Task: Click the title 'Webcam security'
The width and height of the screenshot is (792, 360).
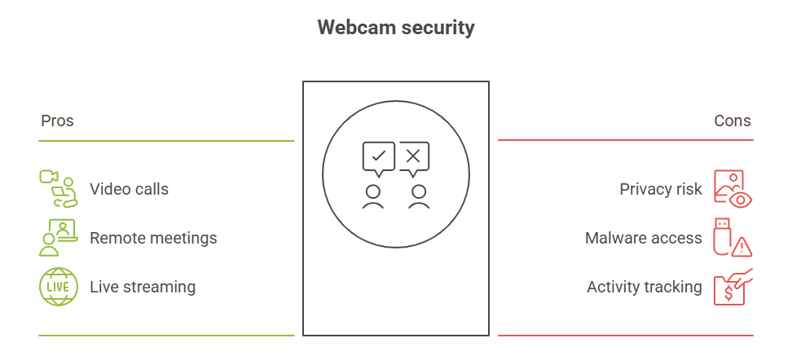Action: pyautogui.click(x=396, y=27)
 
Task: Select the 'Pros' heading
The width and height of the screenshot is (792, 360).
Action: pyautogui.click(x=57, y=121)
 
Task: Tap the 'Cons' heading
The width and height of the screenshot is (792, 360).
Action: pyautogui.click(x=733, y=121)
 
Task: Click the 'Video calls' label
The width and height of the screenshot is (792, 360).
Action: pyautogui.click(x=129, y=190)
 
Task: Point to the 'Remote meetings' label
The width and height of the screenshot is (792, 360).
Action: pyautogui.click(x=153, y=238)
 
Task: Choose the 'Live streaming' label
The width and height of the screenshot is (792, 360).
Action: pyautogui.click(x=143, y=287)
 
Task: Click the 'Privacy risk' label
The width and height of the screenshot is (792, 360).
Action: pyautogui.click(x=661, y=190)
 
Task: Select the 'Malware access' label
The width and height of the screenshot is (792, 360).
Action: pyautogui.click(x=644, y=238)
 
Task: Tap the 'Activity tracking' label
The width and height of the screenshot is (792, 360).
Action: pyautogui.click(x=645, y=287)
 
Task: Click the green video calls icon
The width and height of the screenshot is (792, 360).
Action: pyautogui.click(x=58, y=189)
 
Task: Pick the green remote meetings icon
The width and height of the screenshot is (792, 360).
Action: pyautogui.click(x=58, y=238)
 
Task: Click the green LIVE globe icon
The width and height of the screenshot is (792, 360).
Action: pyautogui.click(x=58, y=287)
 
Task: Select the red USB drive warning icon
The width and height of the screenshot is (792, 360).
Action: pyautogui.click(x=733, y=238)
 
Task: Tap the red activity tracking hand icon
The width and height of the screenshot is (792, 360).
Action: pyautogui.click(x=733, y=287)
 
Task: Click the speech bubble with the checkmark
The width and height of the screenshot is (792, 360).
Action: pyautogui.click(x=378, y=157)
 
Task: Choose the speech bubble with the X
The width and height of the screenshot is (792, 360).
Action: pyautogui.click(x=414, y=157)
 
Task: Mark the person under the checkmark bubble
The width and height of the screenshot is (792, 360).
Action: pyautogui.click(x=373, y=197)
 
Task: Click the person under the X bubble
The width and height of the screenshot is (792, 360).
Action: pyautogui.click(x=419, y=197)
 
